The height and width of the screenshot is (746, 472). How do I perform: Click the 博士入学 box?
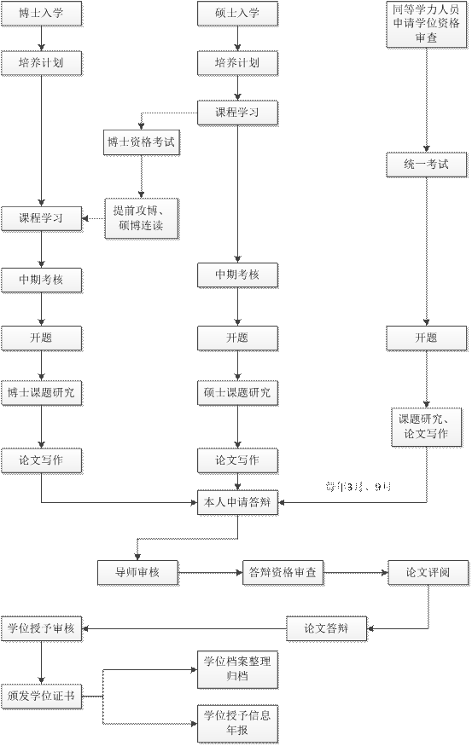[41, 14]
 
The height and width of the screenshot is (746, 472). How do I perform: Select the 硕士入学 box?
[237, 14]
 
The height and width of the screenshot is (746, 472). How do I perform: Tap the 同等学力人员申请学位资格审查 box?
[426, 24]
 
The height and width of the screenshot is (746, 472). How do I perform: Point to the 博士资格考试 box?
[141, 143]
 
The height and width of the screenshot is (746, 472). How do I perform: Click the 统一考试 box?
[426, 164]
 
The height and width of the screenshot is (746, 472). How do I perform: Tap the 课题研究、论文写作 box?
[426, 426]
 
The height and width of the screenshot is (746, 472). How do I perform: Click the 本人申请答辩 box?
[237, 502]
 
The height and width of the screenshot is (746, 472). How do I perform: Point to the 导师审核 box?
[138, 573]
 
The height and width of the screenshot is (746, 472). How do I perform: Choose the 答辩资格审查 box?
[283, 573]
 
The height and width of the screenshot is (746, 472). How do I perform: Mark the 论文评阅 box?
[428, 573]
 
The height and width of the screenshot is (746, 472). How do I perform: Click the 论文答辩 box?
[327, 629]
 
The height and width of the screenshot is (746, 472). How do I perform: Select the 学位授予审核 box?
[41, 629]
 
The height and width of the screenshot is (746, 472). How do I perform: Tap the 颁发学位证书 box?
[41, 695]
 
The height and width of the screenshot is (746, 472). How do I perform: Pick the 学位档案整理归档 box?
[237, 668]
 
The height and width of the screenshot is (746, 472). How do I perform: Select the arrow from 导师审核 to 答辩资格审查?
[211, 573]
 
